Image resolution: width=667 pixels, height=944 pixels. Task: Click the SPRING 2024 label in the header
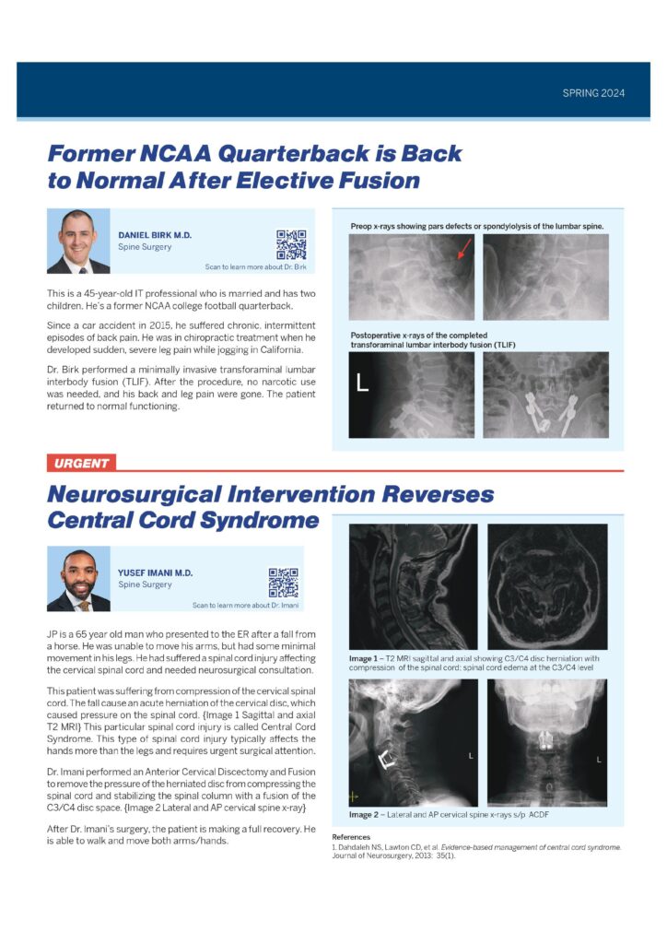pos(593,93)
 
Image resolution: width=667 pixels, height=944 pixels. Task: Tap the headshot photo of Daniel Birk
pos(78,242)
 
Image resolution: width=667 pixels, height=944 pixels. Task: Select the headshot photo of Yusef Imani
pos(78,580)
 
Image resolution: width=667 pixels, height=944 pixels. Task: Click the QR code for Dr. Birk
pos(291,244)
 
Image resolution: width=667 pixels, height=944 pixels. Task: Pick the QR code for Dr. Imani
pos(283,583)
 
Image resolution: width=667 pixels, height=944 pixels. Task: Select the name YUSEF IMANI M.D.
pos(154,572)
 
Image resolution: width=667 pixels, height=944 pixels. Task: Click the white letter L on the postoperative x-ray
pos(362,383)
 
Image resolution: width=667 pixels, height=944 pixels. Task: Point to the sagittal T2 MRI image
pos(413,586)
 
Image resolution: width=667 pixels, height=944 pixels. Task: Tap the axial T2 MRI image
pos(547,586)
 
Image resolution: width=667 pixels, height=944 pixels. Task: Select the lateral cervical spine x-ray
pos(413,743)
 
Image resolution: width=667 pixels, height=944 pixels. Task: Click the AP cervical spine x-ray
pos(547,743)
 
